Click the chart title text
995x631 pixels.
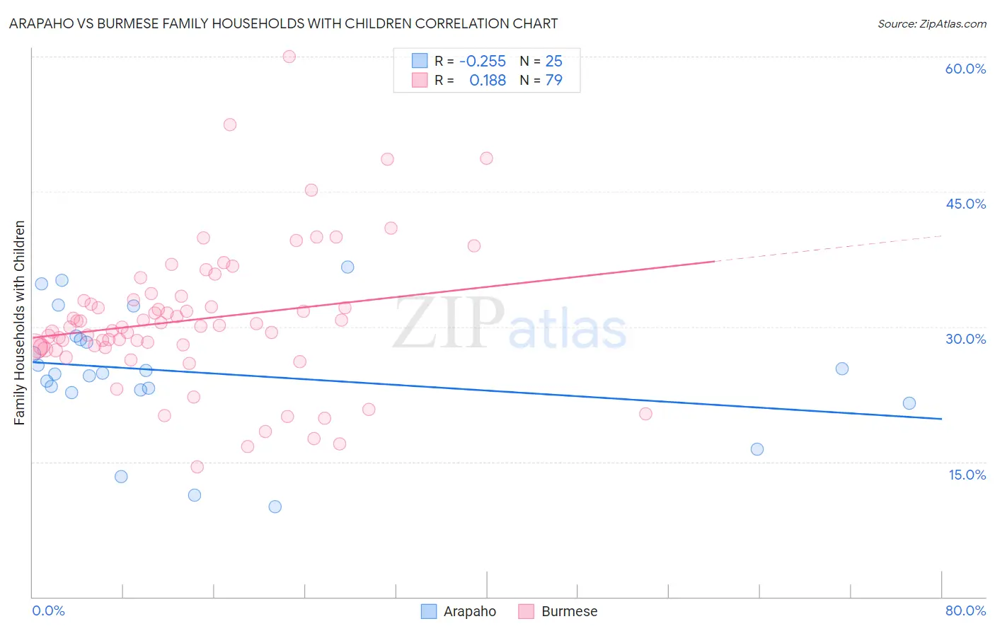point(283,23)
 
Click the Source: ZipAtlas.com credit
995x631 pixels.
point(931,23)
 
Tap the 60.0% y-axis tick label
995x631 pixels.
point(965,69)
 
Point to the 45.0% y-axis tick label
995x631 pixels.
point(965,204)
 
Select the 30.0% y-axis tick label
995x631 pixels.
point(965,339)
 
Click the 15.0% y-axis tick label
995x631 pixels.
point(967,475)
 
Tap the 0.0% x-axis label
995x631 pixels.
point(48,610)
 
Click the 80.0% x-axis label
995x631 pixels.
point(965,610)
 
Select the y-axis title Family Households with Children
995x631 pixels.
point(20,323)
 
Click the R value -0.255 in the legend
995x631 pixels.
point(483,62)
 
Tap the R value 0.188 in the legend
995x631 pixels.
point(488,81)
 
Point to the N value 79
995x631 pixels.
point(553,81)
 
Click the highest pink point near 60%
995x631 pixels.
point(289,57)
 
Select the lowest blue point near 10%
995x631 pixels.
point(275,506)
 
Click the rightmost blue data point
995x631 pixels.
point(909,403)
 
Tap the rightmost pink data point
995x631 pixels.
point(645,414)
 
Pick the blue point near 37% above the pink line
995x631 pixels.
point(347,267)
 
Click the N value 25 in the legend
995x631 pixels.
point(553,62)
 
